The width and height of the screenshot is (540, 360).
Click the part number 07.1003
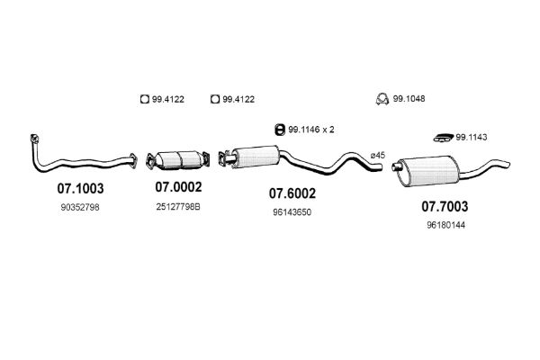click(x=80, y=188)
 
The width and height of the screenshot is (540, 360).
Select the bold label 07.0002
click(x=178, y=187)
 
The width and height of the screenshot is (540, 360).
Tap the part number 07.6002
click(x=292, y=193)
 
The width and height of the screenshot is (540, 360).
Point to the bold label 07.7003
click(x=445, y=207)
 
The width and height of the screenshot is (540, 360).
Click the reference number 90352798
click(x=80, y=207)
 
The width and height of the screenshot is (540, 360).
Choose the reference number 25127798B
click(x=178, y=207)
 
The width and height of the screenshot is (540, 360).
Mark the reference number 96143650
click(x=292, y=212)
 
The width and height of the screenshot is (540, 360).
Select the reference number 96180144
click(x=446, y=225)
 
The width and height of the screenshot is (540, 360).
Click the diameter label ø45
click(x=378, y=156)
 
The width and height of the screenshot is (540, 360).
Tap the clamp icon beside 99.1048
click(x=382, y=99)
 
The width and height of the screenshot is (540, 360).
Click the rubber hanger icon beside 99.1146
click(x=280, y=130)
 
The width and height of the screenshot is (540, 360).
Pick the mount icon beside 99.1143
click(x=443, y=138)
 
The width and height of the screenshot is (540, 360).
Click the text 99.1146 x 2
click(x=311, y=130)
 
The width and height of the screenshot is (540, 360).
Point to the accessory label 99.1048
click(x=409, y=99)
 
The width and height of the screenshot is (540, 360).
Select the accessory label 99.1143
click(x=472, y=138)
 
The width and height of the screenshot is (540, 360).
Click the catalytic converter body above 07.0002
click(x=178, y=159)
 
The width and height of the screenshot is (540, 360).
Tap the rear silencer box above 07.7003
click(x=429, y=171)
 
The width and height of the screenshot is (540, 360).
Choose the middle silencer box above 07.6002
click(x=256, y=157)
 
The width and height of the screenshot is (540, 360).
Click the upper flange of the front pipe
click(x=34, y=138)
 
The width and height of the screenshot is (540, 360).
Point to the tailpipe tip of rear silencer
click(x=507, y=164)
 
